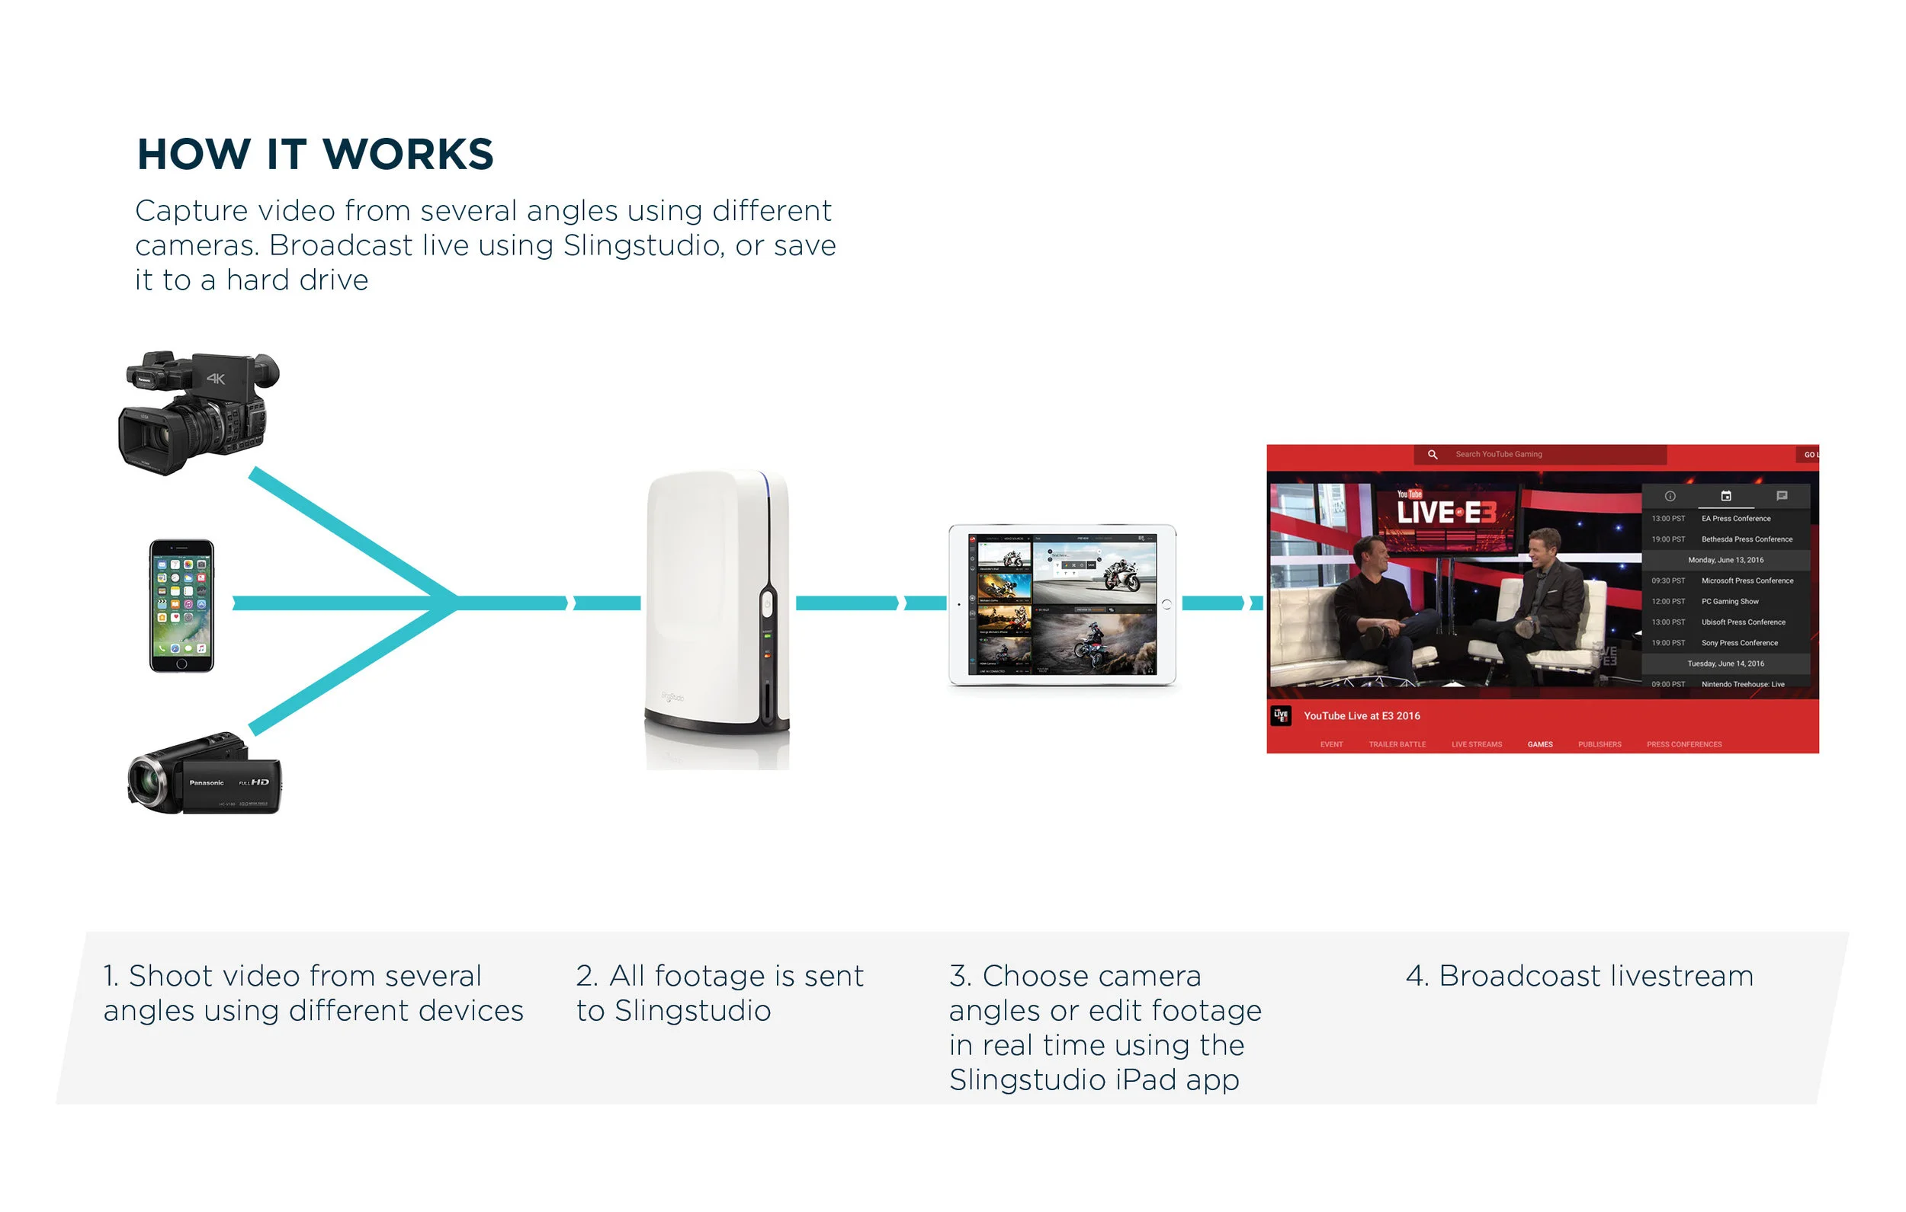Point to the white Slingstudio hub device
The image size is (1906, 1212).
[717, 605]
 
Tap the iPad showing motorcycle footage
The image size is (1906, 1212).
[1062, 605]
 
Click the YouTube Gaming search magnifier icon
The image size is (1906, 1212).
[1432, 455]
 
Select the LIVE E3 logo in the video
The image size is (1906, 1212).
[1446, 511]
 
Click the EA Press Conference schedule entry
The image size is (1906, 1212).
[1736, 519]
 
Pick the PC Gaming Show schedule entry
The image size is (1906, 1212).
[1729, 602]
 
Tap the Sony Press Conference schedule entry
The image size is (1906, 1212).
[1739, 643]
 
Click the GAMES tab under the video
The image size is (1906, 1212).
[1539, 744]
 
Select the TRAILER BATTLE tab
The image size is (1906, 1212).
[1397, 744]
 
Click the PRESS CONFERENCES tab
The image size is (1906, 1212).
[1683, 744]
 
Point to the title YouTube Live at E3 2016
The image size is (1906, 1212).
[1362, 716]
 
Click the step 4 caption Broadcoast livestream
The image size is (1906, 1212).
[1579, 977]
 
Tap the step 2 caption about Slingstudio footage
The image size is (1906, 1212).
[720, 993]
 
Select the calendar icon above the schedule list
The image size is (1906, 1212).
[1725, 496]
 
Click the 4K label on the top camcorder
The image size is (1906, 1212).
[215, 379]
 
